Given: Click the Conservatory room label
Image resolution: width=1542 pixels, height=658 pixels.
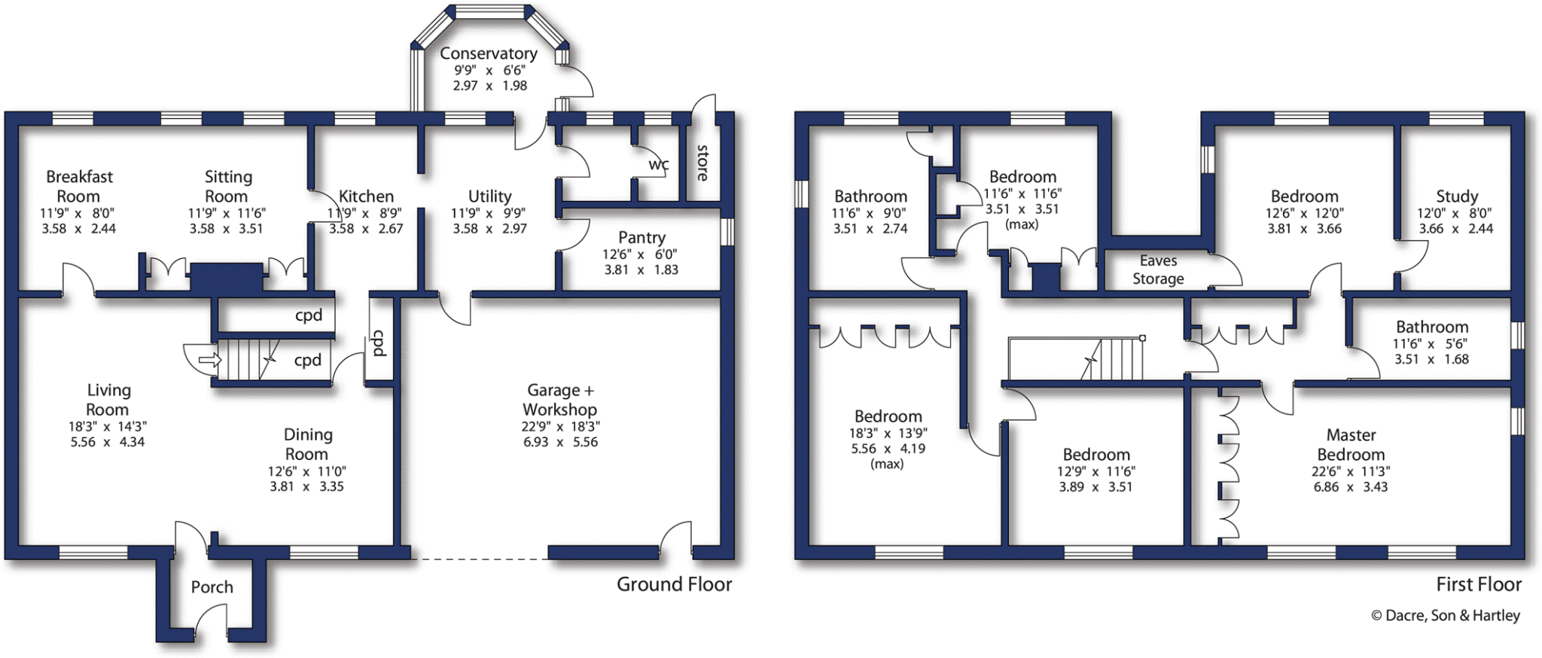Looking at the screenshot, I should tap(489, 53).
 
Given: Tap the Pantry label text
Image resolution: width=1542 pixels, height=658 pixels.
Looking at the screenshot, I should tap(641, 237).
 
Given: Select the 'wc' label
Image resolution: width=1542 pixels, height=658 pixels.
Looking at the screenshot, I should tap(659, 164).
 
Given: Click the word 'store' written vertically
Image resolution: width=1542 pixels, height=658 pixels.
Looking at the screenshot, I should tap(702, 163).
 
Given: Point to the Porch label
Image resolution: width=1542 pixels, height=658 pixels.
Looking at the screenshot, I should tap(212, 587).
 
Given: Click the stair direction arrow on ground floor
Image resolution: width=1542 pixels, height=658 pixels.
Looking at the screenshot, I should tap(209, 361).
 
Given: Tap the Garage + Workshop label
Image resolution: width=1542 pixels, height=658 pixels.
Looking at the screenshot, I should tap(560, 400).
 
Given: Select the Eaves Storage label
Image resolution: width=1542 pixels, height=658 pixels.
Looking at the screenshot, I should tap(1158, 270).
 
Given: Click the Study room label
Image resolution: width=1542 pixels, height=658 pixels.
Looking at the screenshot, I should tap(1456, 196).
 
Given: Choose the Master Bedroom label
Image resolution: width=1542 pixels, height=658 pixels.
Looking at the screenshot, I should tap(1351, 444).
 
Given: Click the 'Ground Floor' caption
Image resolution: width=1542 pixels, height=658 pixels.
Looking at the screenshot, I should tap(674, 584).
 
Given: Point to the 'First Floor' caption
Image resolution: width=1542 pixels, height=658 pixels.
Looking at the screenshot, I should tap(1478, 584).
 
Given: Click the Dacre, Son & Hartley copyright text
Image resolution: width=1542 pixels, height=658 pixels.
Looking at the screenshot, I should tap(1445, 615).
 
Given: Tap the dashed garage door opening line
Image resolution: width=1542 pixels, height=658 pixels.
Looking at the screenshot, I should tap(479, 559).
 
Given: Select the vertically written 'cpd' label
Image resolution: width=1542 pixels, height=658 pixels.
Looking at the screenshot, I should tap(379, 343).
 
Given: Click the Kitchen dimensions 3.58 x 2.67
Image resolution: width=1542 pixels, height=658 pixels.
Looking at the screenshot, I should tap(366, 229).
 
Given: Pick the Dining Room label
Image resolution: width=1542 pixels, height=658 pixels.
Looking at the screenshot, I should tap(307, 444).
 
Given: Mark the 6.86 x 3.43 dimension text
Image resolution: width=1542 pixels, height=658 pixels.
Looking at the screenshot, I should tap(1351, 487).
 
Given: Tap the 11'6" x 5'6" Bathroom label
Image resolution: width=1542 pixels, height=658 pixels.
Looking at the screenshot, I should tap(1431, 343).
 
